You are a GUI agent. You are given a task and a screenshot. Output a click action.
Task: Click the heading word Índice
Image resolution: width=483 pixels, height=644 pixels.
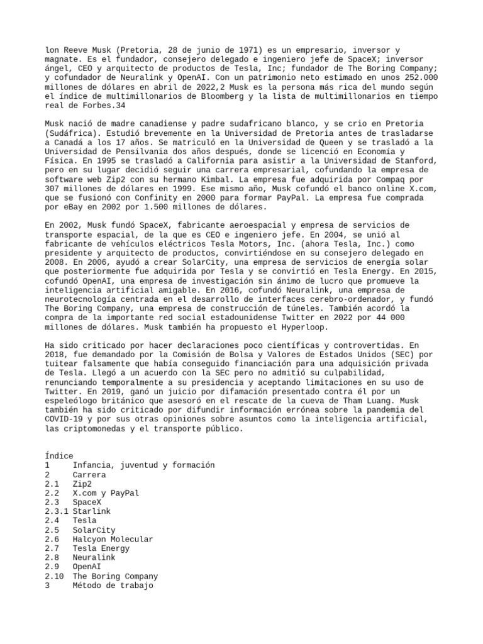(x=59, y=455)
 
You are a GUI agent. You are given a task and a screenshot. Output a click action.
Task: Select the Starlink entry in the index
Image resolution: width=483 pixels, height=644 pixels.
(x=91, y=511)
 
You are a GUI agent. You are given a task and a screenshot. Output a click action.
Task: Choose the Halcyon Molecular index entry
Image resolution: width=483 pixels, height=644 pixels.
(x=113, y=539)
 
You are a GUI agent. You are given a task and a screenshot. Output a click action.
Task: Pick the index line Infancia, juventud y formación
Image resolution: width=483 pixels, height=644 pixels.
(x=143, y=465)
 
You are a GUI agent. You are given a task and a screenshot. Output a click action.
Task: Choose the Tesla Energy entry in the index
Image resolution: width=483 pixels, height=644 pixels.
(x=103, y=548)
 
